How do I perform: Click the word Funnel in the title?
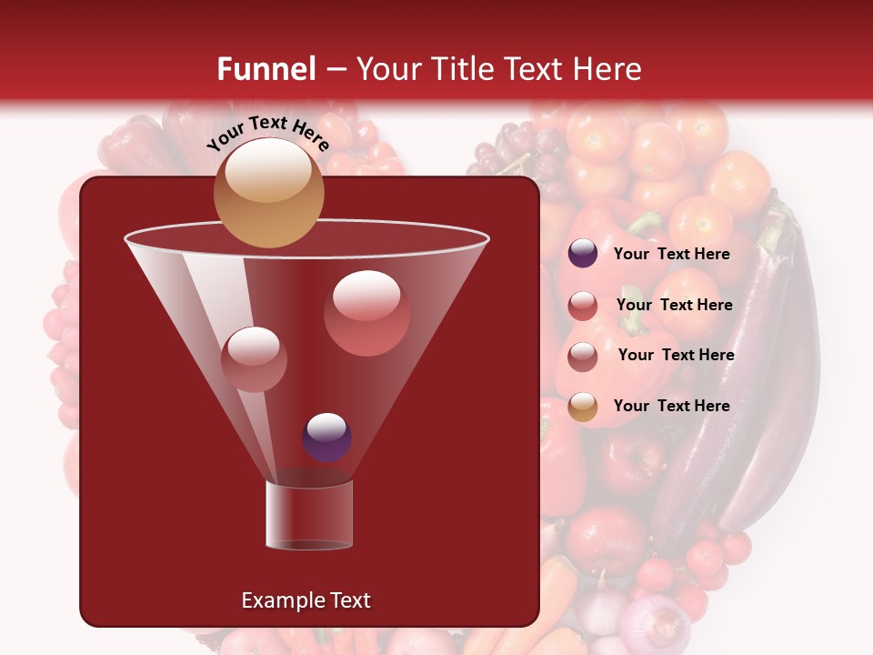pyautogui.click(x=266, y=69)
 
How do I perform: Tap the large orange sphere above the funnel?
pyautogui.click(x=268, y=192)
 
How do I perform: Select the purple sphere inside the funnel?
pyautogui.click(x=326, y=437)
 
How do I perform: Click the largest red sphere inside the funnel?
pyautogui.click(x=366, y=313)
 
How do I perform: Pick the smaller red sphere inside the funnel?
pyautogui.click(x=255, y=358)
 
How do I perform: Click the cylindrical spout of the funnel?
pyautogui.click(x=309, y=515)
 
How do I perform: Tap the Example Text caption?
pyautogui.click(x=306, y=600)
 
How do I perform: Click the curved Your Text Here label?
pyautogui.click(x=268, y=134)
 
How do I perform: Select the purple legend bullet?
pyautogui.click(x=583, y=254)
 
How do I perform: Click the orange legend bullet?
pyautogui.click(x=583, y=407)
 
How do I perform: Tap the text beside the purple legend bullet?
pyautogui.click(x=671, y=254)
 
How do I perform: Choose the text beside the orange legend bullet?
pyautogui.click(x=671, y=406)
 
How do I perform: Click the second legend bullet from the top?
pyautogui.click(x=583, y=306)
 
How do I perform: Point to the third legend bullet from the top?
pyautogui.click(x=583, y=357)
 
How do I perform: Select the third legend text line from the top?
pyautogui.click(x=676, y=355)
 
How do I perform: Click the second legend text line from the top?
pyautogui.click(x=674, y=305)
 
